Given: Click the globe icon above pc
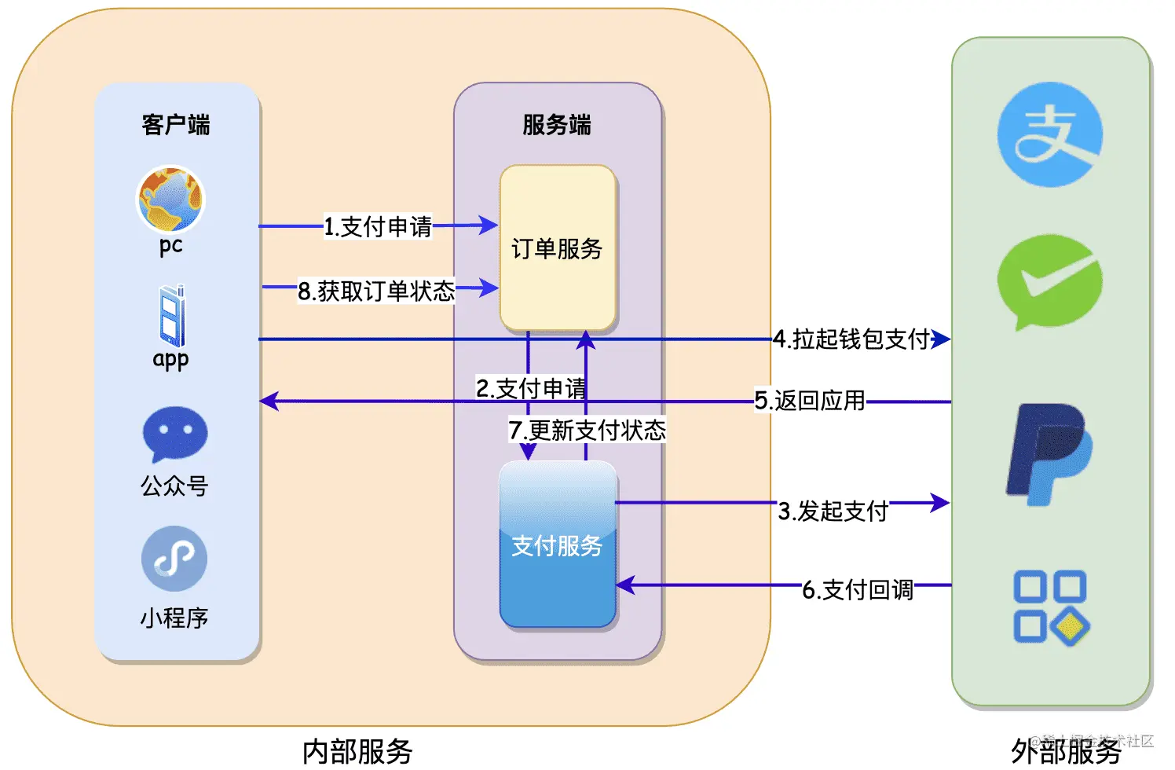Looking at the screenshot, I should pyautogui.click(x=170, y=199).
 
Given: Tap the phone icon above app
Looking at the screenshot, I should pyautogui.click(x=172, y=316).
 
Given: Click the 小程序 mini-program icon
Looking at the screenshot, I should pyautogui.click(x=174, y=559).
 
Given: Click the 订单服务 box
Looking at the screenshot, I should pyautogui.click(x=558, y=248).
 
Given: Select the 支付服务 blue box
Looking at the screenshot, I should pyautogui.click(x=558, y=545).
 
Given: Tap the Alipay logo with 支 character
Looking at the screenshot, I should pyautogui.click(x=1049, y=135).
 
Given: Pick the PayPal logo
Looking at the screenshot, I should pyautogui.click(x=1049, y=454).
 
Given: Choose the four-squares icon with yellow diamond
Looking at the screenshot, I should pyautogui.click(x=1050, y=607).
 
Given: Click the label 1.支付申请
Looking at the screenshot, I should pyautogui.click(x=378, y=227).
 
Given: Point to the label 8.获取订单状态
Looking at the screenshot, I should pyautogui.click(x=376, y=291).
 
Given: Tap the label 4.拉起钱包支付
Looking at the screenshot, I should pyautogui.click(x=851, y=339).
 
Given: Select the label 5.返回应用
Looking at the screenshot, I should pyautogui.click(x=810, y=401).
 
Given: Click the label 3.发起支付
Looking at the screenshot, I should pyautogui.click(x=833, y=511).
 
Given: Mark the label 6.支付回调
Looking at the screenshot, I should pyautogui.click(x=858, y=590).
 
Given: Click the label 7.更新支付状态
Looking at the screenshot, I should pyautogui.click(x=587, y=431).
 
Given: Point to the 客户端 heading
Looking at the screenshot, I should pyautogui.click(x=176, y=125).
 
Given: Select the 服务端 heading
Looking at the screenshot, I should pyautogui.click(x=557, y=125).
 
